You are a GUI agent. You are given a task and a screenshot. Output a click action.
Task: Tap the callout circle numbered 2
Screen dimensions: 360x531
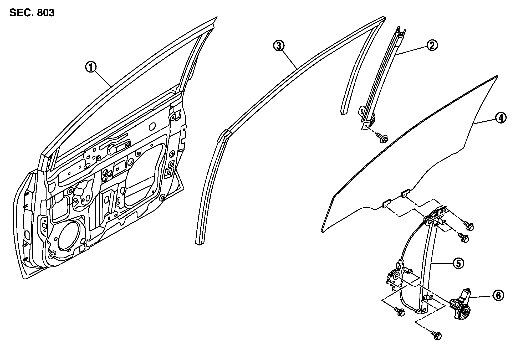tap(432, 45)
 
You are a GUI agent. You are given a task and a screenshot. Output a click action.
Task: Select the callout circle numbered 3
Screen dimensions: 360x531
tap(278, 46)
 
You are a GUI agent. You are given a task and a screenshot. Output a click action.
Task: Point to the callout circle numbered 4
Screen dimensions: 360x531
tap(501, 118)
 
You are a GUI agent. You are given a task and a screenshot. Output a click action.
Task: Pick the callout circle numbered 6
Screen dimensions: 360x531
tap(498, 295)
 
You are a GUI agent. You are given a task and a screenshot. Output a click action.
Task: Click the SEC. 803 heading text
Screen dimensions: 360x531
tap(32, 13)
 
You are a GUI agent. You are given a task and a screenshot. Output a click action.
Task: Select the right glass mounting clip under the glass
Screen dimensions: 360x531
tap(406, 194)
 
